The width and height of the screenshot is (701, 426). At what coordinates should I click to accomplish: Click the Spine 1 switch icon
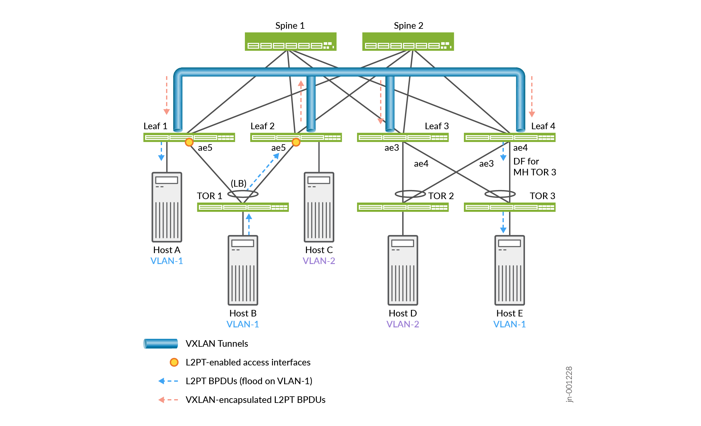[x=290, y=42]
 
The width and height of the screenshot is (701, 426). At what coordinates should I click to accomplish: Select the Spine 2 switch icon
[x=408, y=42]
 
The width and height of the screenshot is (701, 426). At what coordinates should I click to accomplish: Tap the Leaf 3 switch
[x=403, y=137]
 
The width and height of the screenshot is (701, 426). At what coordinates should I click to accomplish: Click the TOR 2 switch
[x=403, y=207]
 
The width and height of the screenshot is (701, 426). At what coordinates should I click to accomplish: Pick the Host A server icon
[x=167, y=207]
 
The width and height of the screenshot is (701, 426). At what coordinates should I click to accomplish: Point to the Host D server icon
[x=403, y=270]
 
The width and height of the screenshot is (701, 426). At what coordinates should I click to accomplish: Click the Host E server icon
[x=509, y=270]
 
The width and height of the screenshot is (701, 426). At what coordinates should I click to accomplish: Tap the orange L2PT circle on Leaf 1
[x=189, y=142]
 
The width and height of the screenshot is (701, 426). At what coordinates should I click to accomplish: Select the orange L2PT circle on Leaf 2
[x=296, y=142]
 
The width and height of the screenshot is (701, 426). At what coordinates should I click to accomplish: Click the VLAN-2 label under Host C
[x=319, y=261]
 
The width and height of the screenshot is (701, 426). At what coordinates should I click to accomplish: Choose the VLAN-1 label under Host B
[x=243, y=324]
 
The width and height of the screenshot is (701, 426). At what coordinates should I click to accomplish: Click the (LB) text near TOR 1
[x=239, y=183]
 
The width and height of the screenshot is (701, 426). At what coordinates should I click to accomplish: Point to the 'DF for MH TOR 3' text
[x=534, y=167]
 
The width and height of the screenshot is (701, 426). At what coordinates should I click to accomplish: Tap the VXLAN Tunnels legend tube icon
[x=160, y=344]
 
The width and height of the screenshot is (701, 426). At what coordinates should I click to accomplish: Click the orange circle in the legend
[x=174, y=362]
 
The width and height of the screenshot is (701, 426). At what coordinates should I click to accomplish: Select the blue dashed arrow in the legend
[x=168, y=381]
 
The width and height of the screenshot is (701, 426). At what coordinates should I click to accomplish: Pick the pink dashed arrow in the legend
[x=168, y=400]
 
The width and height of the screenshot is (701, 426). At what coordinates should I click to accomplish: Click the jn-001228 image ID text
[x=569, y=384]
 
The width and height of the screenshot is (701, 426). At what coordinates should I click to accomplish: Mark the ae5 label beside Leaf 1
[x=205, y=148]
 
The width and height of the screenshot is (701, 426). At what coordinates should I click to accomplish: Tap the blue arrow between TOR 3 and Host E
[x=503, y=223]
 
